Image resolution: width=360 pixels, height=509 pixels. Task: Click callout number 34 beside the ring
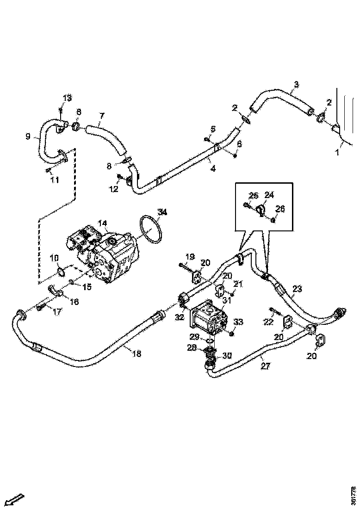161,212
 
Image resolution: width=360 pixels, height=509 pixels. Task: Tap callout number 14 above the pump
104,224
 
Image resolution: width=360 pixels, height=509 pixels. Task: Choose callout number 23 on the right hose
297,289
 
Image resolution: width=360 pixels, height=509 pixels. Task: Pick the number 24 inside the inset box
269,195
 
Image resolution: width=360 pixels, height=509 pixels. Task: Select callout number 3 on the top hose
297,85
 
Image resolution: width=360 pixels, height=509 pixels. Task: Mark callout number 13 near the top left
68,98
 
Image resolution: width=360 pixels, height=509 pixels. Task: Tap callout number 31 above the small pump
226,300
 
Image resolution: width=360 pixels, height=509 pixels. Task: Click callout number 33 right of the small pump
238,322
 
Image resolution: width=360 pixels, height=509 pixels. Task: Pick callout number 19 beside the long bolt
190,256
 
